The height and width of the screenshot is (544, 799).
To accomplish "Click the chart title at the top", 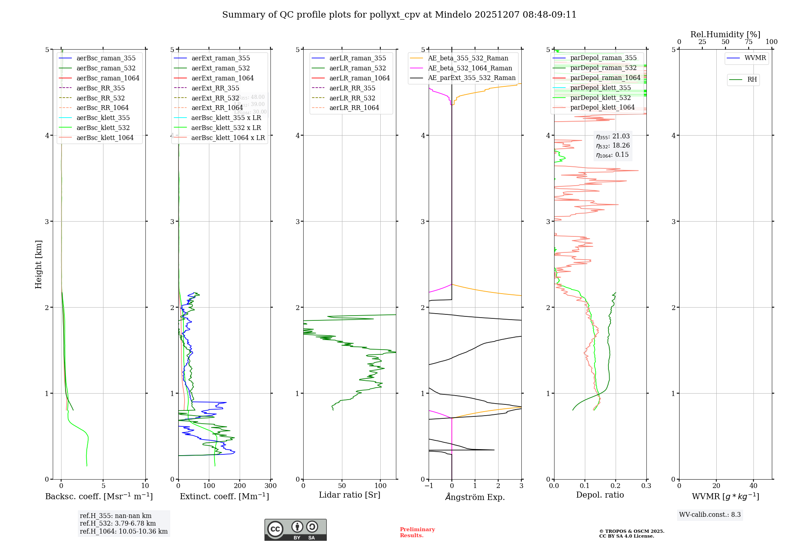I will tap(399, 15).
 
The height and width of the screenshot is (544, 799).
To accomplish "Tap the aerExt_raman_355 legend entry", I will tap(221, 58).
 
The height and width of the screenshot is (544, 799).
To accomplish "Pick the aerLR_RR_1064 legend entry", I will tap(354, 108).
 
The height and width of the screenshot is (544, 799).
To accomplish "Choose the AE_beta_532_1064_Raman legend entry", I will tap(470, 68).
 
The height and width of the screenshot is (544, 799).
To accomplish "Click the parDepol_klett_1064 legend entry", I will tap(602, 107).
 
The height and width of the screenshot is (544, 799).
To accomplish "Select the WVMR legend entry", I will tap(755, 58).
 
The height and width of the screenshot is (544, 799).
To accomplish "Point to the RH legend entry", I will tap(752, 80).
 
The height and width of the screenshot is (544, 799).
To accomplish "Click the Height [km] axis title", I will tap(38, 264).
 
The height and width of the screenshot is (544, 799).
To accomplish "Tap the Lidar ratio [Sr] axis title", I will tap(350, 495).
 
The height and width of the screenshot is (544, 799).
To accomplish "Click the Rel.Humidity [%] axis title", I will tap(725, 34).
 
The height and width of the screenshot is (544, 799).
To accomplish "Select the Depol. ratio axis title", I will tap(600, 495).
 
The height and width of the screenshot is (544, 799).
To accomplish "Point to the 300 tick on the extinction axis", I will tap(270, 486).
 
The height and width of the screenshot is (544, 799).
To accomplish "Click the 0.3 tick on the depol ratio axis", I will tap(646, 486).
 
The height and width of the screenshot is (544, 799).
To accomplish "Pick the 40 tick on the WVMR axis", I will tap(753, 486).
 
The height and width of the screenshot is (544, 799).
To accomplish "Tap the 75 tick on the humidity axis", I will tap(749, 42).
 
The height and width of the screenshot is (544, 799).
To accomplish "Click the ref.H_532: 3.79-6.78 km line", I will tap(118, 523).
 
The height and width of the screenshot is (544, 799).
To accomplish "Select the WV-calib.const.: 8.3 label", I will tap(710, 515).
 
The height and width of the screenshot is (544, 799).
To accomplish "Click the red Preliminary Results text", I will tap(417, 532).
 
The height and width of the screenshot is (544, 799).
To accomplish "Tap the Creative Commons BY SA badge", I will tap(295, 530).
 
